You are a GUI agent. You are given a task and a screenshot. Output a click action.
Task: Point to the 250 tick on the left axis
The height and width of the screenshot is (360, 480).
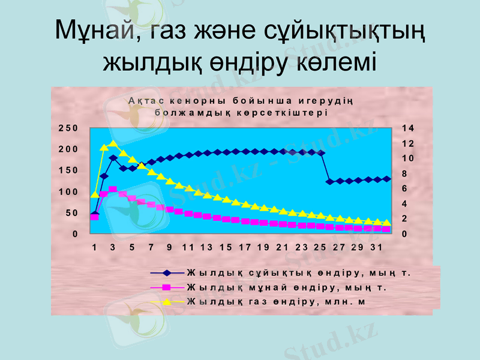68,128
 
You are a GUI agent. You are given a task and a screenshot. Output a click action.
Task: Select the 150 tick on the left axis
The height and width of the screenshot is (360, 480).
68,170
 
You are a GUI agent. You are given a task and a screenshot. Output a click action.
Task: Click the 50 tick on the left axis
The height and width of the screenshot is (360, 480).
71,213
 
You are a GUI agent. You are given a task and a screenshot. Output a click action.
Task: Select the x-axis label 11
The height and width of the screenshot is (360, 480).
188,247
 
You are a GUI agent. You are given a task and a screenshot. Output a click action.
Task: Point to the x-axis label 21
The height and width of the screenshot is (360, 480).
282,247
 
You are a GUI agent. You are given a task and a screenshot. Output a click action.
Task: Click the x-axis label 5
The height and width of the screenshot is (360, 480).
131,247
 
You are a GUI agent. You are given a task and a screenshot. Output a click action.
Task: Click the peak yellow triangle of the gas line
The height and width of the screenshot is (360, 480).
113,144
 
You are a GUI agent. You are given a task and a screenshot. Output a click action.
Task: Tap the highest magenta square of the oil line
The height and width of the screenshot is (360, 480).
113,189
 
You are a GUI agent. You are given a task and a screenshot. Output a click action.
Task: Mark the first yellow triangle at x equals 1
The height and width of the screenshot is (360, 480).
94,194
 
